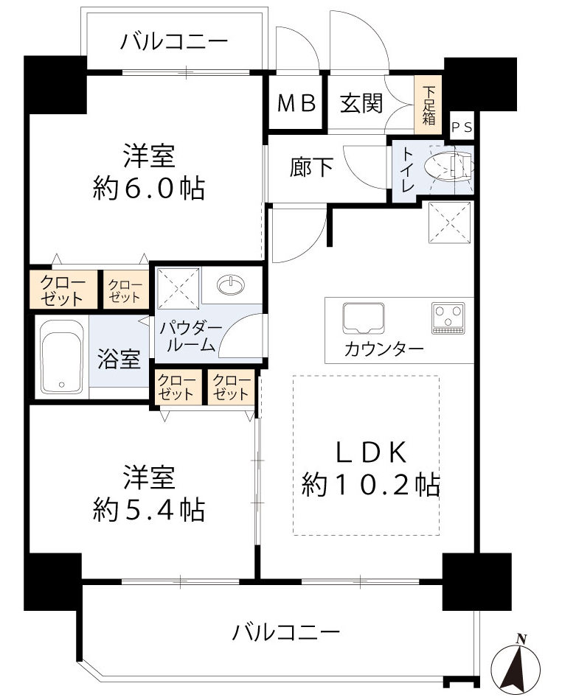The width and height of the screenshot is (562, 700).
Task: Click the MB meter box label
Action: click(x=296, y=103)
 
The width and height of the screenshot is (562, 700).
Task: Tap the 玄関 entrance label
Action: click(x=361, y=103)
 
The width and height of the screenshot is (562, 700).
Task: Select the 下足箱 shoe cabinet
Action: click(x=429, y=104)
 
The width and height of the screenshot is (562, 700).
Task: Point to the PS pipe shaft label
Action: click(x=462, y=127)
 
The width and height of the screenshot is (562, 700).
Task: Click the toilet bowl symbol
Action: click(x=452, y=167)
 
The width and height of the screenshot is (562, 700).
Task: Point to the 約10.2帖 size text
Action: click(x=370, y=484)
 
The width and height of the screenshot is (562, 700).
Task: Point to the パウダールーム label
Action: click(x=187, y=335)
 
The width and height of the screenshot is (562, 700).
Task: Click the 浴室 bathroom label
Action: click(x=119, y=360)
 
